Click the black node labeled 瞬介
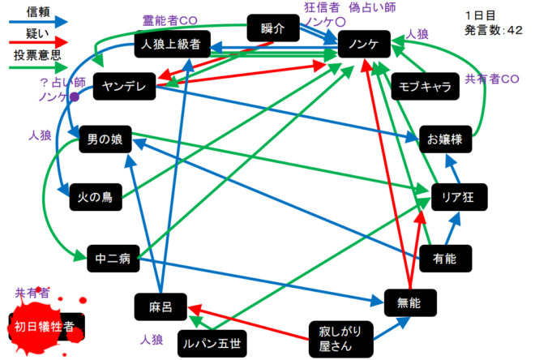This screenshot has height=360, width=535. tap(273, 28)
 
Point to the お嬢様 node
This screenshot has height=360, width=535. tap(445, 139)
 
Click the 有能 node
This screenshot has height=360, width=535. tap(444, 259)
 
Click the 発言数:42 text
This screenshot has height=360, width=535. tap(493, 30)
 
